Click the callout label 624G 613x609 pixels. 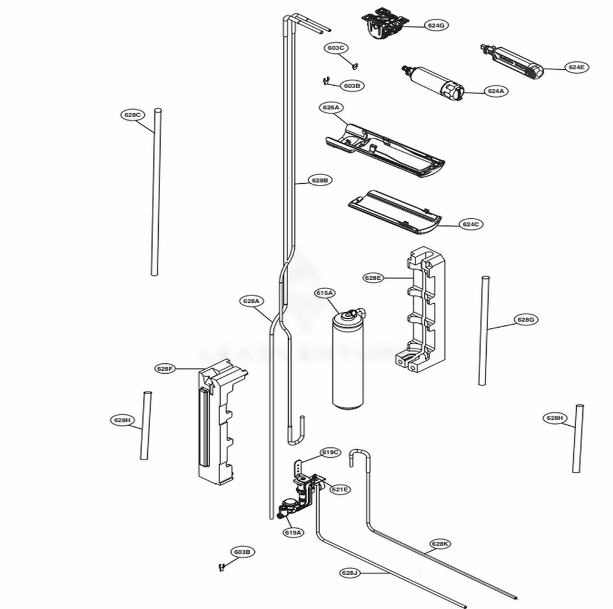point(436,25)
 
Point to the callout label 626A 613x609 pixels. point(331,107)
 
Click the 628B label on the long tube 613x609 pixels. point(319,181)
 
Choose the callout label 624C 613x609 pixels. point(470,224)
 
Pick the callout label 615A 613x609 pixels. point(325,293)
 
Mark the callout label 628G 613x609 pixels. point(525,319)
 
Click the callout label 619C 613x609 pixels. point(329,453)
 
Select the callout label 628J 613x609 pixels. point(349,572)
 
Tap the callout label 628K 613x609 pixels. point(440,543)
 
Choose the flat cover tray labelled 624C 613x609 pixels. point(394,211)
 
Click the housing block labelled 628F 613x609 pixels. point(218,423)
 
